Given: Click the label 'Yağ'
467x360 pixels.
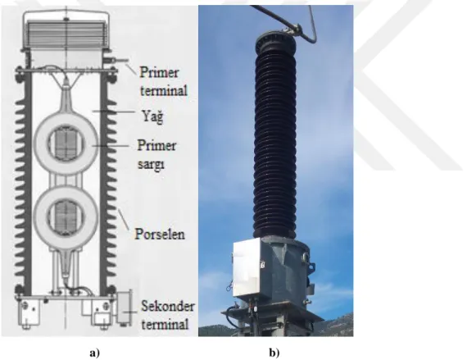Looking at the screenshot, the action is click(152, 116).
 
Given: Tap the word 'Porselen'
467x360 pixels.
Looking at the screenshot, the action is click(160, 234).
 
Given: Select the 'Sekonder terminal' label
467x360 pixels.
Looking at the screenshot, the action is click(167, 315).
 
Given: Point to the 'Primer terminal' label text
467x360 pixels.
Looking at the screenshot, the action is click(164, 81).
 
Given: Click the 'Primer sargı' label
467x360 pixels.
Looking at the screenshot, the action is click(156, 154).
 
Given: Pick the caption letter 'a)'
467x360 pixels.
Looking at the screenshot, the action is click(95, 353).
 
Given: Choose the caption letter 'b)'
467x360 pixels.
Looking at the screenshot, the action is click(274, 353).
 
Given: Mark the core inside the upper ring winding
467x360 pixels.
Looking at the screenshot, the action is click(66, 144).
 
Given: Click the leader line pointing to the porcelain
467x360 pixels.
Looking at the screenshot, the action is click(124, 219).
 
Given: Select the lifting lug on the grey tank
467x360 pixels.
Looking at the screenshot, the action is click(305, 256).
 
